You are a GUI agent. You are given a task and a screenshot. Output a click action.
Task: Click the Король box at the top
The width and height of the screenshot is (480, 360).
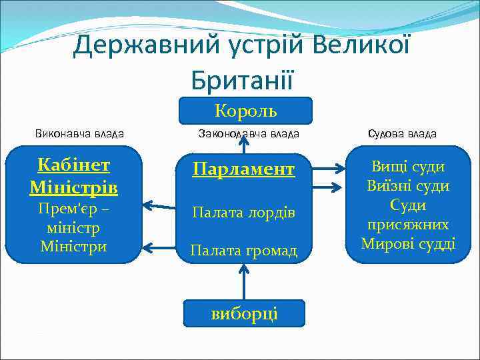(x=245, y=111)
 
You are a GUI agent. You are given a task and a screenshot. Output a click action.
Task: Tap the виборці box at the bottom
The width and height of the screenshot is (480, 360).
(x=244, y=313)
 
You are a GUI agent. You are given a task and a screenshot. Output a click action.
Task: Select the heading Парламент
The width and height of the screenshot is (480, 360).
(x=243, y=169)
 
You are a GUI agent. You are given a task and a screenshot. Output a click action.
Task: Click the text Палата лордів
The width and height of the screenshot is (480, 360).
(x=243, y=212)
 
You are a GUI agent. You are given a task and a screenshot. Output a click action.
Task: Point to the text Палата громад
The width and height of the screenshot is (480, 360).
(x=243, y=251)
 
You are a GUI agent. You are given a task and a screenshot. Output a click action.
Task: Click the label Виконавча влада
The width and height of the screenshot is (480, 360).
(x=79, y=133)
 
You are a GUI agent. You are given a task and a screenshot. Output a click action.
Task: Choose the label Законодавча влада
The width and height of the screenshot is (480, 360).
(x=249, y=133)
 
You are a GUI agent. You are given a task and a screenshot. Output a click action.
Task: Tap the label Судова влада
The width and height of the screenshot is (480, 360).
(x=402, y=133)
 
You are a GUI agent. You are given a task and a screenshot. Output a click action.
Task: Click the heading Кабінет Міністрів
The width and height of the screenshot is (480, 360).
(x=73, y=177)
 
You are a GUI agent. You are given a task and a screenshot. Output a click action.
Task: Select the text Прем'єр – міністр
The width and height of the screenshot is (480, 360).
(x=73, y=219)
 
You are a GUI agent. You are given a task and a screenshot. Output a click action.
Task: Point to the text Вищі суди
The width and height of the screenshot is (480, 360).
(x=408, y=167)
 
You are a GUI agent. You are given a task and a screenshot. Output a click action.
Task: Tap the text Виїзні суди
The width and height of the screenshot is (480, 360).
(x=408, y=186)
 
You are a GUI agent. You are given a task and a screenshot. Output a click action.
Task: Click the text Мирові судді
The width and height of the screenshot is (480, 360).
(x=408, y=244)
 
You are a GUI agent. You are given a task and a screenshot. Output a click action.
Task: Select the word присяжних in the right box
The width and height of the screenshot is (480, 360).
(x=408, y=225)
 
